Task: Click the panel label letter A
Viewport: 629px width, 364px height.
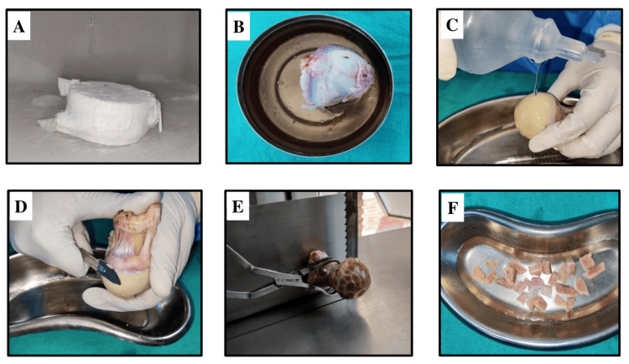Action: point(18,27)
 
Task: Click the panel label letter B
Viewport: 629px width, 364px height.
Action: point(239,27)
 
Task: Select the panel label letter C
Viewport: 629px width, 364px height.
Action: point(452,25)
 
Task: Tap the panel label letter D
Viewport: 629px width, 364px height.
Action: point(20,206)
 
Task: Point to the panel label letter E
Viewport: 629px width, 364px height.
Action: point(238,206)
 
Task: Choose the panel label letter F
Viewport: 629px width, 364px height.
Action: point(453,208)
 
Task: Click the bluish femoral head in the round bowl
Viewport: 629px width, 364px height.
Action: point(336,76)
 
